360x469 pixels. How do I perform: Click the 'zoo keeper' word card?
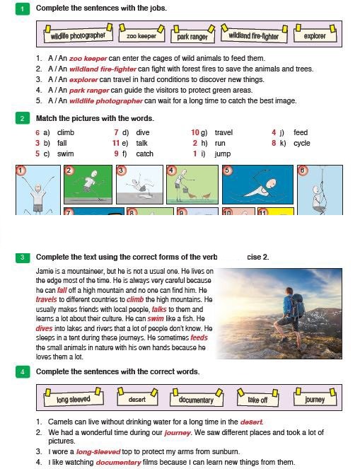pos(141,35)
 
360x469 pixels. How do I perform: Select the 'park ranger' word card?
pos(192,35)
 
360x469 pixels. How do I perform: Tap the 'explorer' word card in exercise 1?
pos(315,35)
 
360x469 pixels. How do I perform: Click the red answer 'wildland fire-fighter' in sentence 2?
pos(103,69)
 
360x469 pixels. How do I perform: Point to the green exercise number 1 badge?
pos(23,9)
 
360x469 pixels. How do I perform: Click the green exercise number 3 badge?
pos(23,257)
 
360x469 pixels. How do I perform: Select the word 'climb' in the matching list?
pos(66,132)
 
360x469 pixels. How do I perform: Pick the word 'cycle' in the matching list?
pos(302,144)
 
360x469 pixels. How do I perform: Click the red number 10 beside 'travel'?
pos(195,132)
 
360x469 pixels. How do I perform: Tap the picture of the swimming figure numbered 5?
pos(257,185)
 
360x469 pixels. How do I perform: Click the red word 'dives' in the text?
pos(44,328)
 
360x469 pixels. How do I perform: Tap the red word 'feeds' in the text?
pos(199,337)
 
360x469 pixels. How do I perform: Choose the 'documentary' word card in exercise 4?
pos(196,399)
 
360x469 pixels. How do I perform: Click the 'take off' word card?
pos(257,399)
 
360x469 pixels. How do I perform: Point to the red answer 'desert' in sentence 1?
pos(251,422)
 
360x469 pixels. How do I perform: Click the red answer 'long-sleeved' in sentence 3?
pos(98,451)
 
